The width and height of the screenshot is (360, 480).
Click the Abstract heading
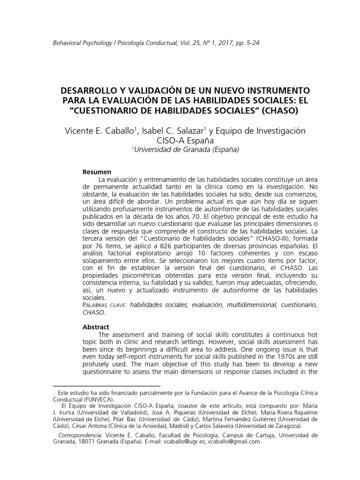click(x=96, y=327)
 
